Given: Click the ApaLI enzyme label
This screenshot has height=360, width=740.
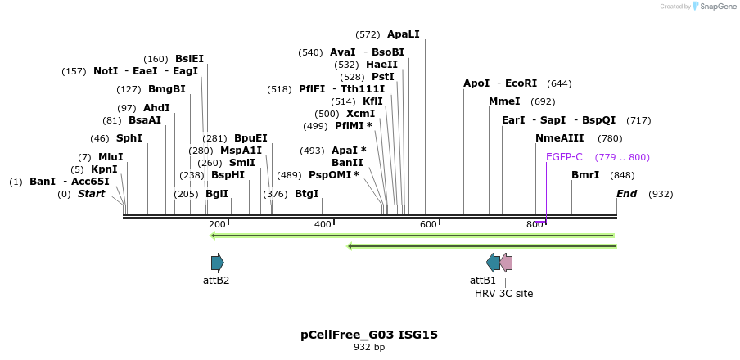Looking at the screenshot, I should pyautogui.click(x=403, y=34).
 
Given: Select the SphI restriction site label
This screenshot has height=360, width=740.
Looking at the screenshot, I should pyautogui.click(x=129, y=138).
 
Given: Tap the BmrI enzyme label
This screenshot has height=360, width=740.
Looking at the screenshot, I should pyautogui.click(x=585, y=175).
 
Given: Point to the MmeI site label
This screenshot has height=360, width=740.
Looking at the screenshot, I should pyautogui.click(x=504, y=101).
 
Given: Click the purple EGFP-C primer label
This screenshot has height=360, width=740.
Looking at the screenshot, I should pyautogui.click(x=564, y=157).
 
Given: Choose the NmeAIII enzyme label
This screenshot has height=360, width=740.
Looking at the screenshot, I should pyautogui.click(x=560, y=138).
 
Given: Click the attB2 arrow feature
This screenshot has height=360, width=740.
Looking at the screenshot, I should pyautogui.click(x=217, y=263).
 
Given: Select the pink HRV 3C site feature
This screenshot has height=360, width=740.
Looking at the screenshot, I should pyautogui.click(x=507, y=263).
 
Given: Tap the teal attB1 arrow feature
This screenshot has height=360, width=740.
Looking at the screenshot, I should pyautogui.click(x=493, y=263).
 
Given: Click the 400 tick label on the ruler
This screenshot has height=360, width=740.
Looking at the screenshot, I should pyautogui.click(x=323, y=224).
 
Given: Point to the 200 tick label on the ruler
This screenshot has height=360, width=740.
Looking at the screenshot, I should pyautogui.click(x=217, y=224).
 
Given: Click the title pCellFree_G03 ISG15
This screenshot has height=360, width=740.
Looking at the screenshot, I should pyautogui.click(x=369, y=335).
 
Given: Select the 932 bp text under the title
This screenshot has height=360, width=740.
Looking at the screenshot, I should pyautogui.click(x=369, y=348).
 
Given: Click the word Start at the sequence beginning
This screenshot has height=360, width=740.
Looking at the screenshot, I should pyautogui.click(x=91, y=194).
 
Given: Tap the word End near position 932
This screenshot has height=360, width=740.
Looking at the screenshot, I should pyautogui.click(x=626, y=194).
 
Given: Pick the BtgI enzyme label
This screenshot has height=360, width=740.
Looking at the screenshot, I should pyautogui.click(x=306, y=194).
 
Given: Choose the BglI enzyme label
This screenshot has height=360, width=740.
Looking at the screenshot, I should pyautogui.click(x=217, y=194).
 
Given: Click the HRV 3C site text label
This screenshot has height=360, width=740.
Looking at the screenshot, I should pyautogui.click(x=503, y=293).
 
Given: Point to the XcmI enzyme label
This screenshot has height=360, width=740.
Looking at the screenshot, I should pyautogui.click(x=360, y=114).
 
